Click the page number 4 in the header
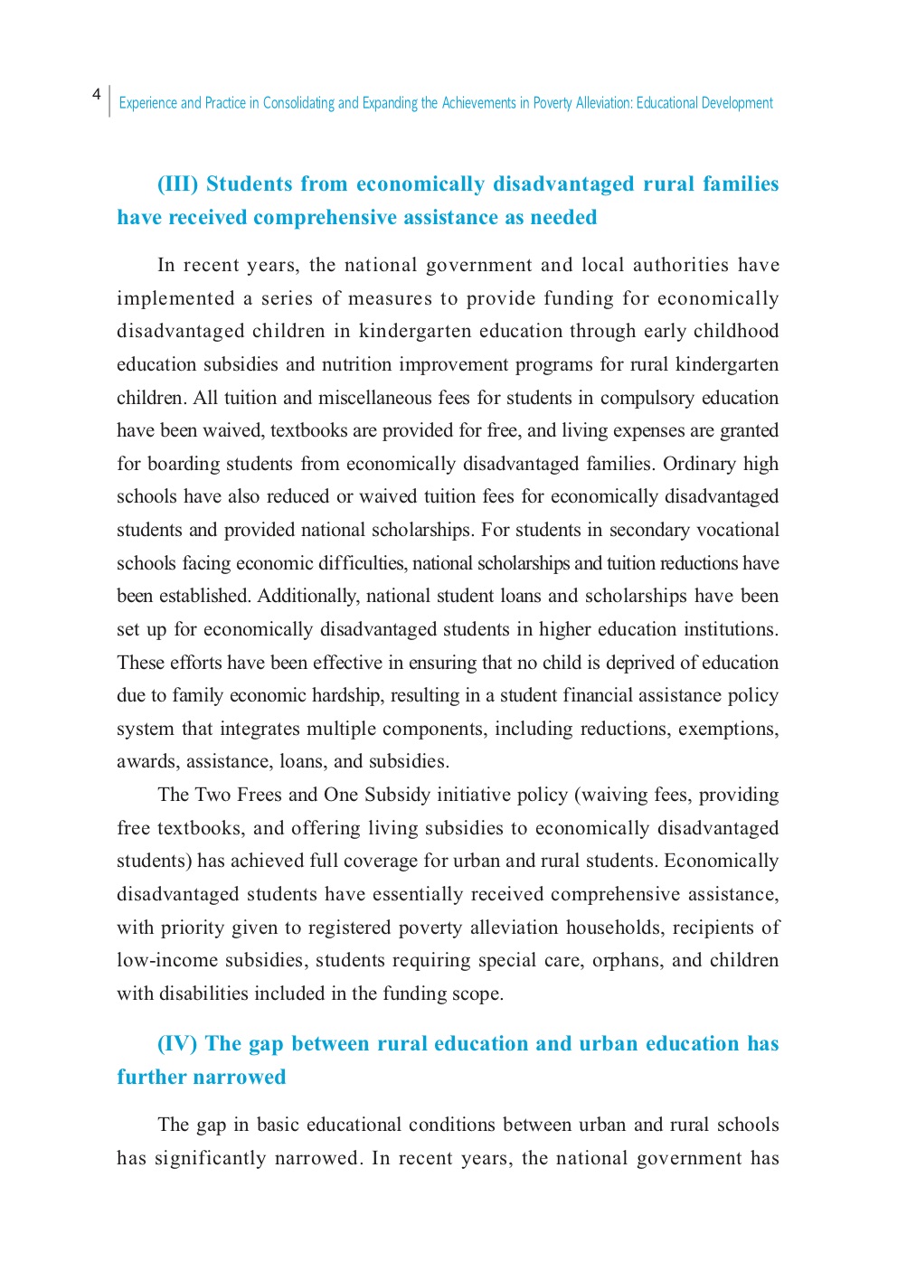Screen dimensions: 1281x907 pyautogui.click(x=96, y=94)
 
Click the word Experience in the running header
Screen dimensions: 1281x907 pyautogui.click(x=147, y=103)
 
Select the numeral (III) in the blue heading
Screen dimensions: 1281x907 pyautogui.click(x=177, y=184)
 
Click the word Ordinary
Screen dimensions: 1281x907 pyautogui.click(x=699, y=464)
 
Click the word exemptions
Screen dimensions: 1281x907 pyautogui.click(x=728, y=729)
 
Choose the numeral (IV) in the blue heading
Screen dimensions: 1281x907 pyautogui.click(x=176, y=1044)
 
